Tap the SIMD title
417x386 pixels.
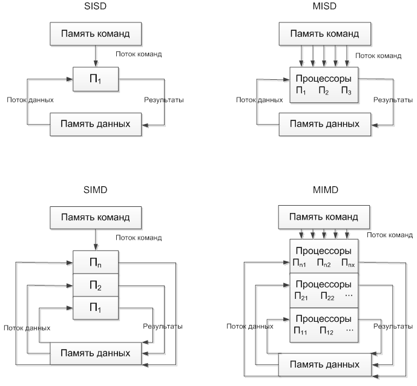95,189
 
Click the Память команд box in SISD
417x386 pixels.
96,34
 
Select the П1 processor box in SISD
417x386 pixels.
96,79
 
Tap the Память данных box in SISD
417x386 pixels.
96,124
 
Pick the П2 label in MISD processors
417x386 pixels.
323,91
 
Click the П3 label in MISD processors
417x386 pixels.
346,91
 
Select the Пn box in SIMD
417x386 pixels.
96,262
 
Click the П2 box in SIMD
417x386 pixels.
96,285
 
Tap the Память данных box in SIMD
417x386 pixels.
96,353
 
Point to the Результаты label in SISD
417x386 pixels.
163,100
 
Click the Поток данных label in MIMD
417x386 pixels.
250,326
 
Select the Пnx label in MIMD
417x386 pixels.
347,263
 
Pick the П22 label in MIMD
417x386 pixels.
326,296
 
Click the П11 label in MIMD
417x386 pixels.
301,331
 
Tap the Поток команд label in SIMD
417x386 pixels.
139,238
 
